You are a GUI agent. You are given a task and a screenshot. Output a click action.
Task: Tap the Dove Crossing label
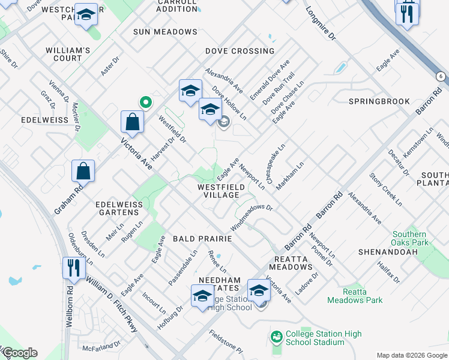tap(240, 51)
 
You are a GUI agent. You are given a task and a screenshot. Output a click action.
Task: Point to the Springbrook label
tap(379, 101)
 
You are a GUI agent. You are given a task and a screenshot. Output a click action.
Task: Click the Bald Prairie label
tap(202, 239)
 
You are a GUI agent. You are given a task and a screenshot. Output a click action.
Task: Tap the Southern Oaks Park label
tap(411, 238)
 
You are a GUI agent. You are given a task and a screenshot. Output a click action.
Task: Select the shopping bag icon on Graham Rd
tap(83, 171)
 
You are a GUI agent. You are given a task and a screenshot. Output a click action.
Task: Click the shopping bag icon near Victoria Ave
tap(131, 122)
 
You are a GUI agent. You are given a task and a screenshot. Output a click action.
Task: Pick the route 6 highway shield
tap(441, 76)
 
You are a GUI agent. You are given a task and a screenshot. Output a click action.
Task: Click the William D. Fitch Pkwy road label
tap(111, 305)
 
